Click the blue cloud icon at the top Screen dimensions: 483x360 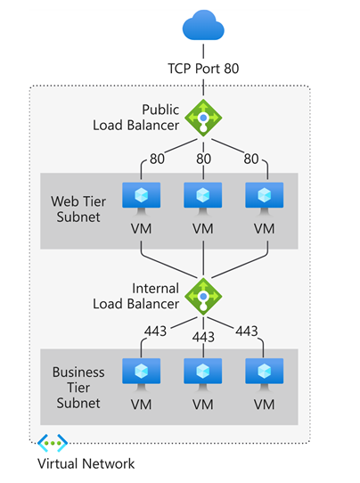click(204, 25)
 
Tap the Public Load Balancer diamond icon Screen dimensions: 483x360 click(203, 117)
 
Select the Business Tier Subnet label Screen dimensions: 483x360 click(78, 388)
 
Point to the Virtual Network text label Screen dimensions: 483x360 click(86, 463)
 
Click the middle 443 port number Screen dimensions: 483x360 click(203, 337)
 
